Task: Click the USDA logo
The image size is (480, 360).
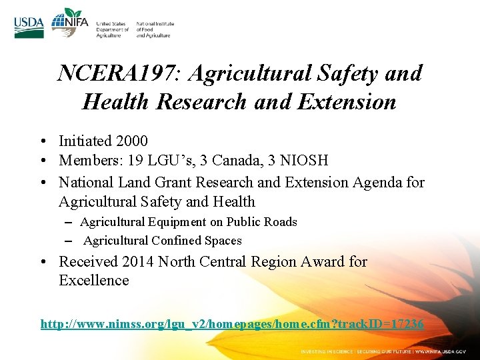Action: click(29, 27)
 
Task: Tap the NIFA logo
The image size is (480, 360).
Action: click(69, 24)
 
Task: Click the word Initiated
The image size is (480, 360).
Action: click(85, 141)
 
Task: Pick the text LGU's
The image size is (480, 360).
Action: click(165, 161)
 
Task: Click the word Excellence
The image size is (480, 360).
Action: click(94, 281)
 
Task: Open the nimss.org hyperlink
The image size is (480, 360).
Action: click(231, 324)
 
